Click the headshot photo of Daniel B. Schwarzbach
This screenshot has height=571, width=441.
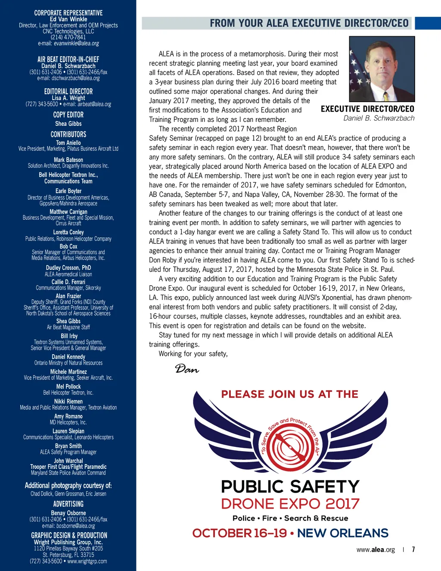(382, 69)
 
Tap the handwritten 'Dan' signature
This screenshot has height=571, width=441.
(187, 368)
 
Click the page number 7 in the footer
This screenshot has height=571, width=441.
(413, 549)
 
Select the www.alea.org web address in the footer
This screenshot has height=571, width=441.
(376, 549)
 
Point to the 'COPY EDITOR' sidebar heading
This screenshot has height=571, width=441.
(68, 115)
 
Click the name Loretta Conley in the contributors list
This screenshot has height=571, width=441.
(68, 232)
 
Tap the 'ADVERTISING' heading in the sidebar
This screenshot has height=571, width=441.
(68, 504)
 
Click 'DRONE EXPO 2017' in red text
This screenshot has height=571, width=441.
(290, 504)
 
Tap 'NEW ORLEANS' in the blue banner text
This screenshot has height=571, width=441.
(343, 533)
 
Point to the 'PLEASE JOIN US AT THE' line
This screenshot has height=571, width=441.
(290, 394)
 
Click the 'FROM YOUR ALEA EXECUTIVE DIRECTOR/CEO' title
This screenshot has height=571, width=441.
(309, 23)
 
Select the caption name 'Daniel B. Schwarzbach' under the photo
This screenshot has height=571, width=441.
(379, 118)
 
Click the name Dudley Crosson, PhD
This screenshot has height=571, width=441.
(68, 268)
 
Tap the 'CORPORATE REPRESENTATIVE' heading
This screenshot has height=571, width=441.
(68, 13)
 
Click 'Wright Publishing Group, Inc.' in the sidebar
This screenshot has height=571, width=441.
(68, 542)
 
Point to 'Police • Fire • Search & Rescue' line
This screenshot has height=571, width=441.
(290, 518)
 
